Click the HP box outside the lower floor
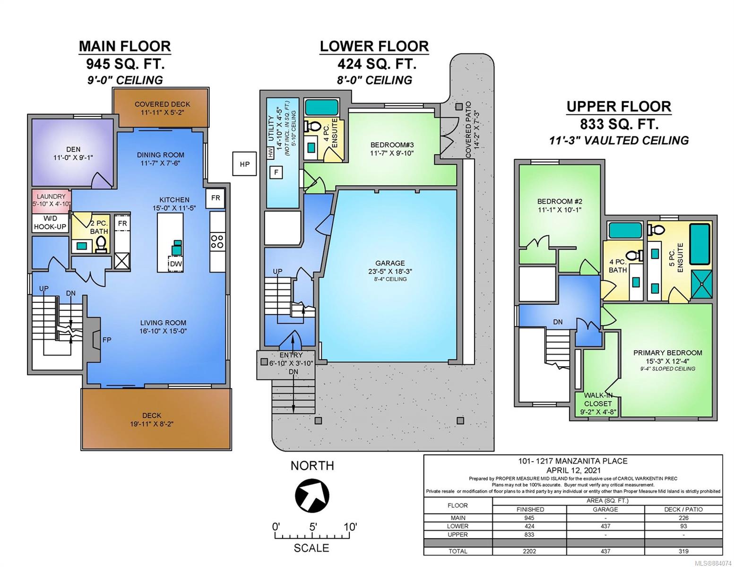[x=244, y=164]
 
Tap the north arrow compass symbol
[x=312, y=495]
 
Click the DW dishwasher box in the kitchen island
[x=176, y=263]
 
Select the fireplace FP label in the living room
[x=107, y=340]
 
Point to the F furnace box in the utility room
[x=276, y=172]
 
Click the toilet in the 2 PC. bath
[x=100, y=244]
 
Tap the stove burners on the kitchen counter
[x=217, y=241]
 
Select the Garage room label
[x=390, y=263]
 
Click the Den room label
[x=73, y=149]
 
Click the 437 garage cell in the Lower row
[x=605, y=526]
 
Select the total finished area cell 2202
[x=529, y=551]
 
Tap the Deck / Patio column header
[x=683, y=509]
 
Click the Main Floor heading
[x=125, y=46]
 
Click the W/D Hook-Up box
[x=50, y=223]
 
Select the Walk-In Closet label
[x=598, y=400]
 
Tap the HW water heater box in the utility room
[x=270, y=153]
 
